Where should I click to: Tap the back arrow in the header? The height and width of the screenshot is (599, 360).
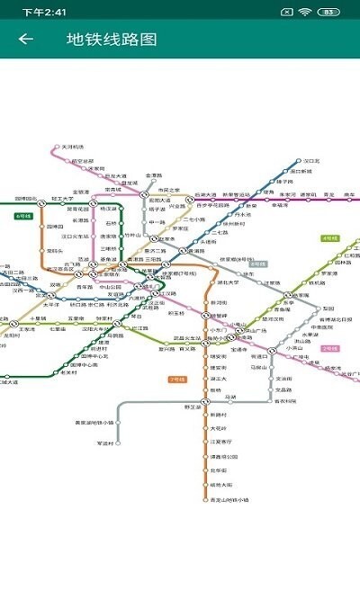25,40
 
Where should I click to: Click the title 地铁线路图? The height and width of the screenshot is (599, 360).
112,40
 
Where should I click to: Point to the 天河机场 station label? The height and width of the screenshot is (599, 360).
71,147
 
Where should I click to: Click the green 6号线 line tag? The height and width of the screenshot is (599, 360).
23,216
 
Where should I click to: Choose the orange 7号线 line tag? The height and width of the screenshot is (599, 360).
177,379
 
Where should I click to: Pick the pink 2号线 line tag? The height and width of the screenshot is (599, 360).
330,347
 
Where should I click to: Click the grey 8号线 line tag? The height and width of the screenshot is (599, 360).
258,264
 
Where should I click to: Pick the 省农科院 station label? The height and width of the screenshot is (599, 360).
284,400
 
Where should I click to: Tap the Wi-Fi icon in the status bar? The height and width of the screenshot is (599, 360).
306,13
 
